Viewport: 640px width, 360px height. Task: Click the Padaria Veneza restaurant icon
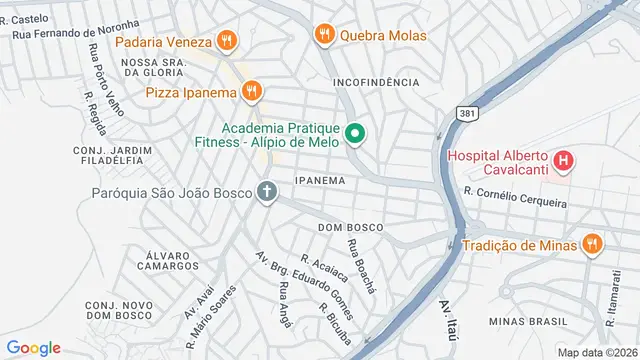228,42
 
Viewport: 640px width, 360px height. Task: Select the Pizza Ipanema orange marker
251,92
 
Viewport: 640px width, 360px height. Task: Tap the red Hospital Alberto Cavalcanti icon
563,160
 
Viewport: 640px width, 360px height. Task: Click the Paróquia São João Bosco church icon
267,191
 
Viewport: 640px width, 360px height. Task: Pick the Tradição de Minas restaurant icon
593,245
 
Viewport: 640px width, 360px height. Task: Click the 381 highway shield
466,115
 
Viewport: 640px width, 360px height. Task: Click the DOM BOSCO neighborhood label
350,228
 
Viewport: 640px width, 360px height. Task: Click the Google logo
34,347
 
